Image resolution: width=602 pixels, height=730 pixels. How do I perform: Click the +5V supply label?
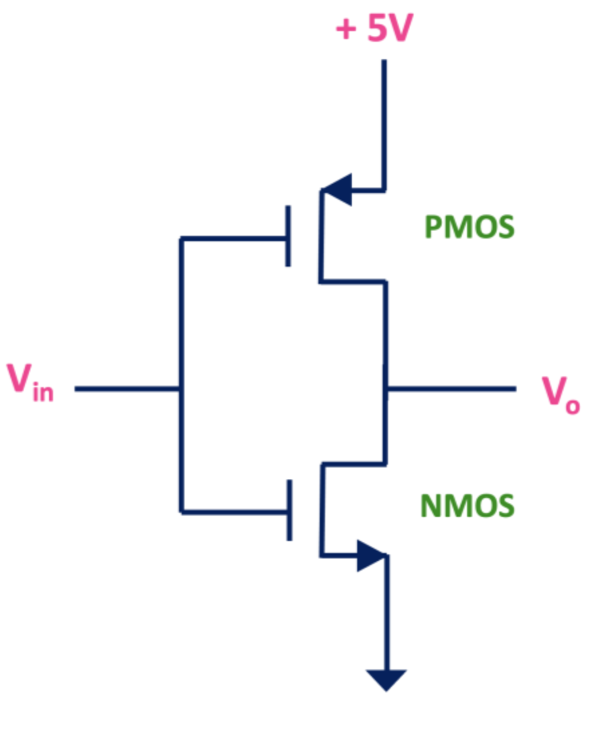pos(374,28)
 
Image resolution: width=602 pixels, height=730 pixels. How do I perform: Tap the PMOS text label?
pos(469,227)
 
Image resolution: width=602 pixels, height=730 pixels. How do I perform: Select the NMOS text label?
pos(467,506)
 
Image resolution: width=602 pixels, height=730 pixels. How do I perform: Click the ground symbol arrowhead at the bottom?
pos(386,679)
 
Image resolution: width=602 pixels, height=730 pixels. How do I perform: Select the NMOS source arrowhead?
pos(370,555)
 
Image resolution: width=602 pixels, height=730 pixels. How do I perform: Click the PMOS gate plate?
pos(288,236)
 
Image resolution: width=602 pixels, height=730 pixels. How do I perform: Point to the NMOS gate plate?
pos(289,510)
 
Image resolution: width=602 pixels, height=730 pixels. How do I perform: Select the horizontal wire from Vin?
pos(126,389)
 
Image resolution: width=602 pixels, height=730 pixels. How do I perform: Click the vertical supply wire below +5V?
pos(384,123)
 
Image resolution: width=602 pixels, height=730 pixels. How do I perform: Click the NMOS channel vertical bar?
pos(322,509)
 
